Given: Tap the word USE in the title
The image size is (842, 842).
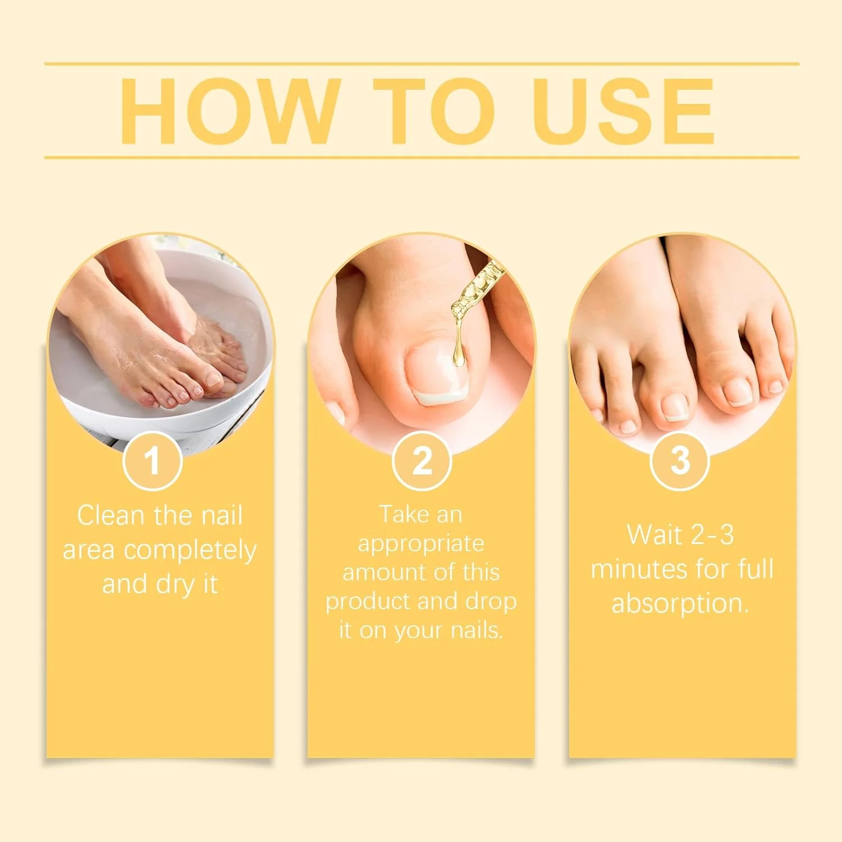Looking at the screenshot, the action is (x=624, y=111).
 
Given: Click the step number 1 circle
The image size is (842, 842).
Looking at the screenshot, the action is (x=152, y=461).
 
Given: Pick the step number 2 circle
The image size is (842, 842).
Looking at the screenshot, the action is (x=422, y=461).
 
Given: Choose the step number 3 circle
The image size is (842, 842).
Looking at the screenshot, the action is (x=680, y=461).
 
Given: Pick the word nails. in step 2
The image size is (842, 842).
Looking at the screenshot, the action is (x=477, y=630).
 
